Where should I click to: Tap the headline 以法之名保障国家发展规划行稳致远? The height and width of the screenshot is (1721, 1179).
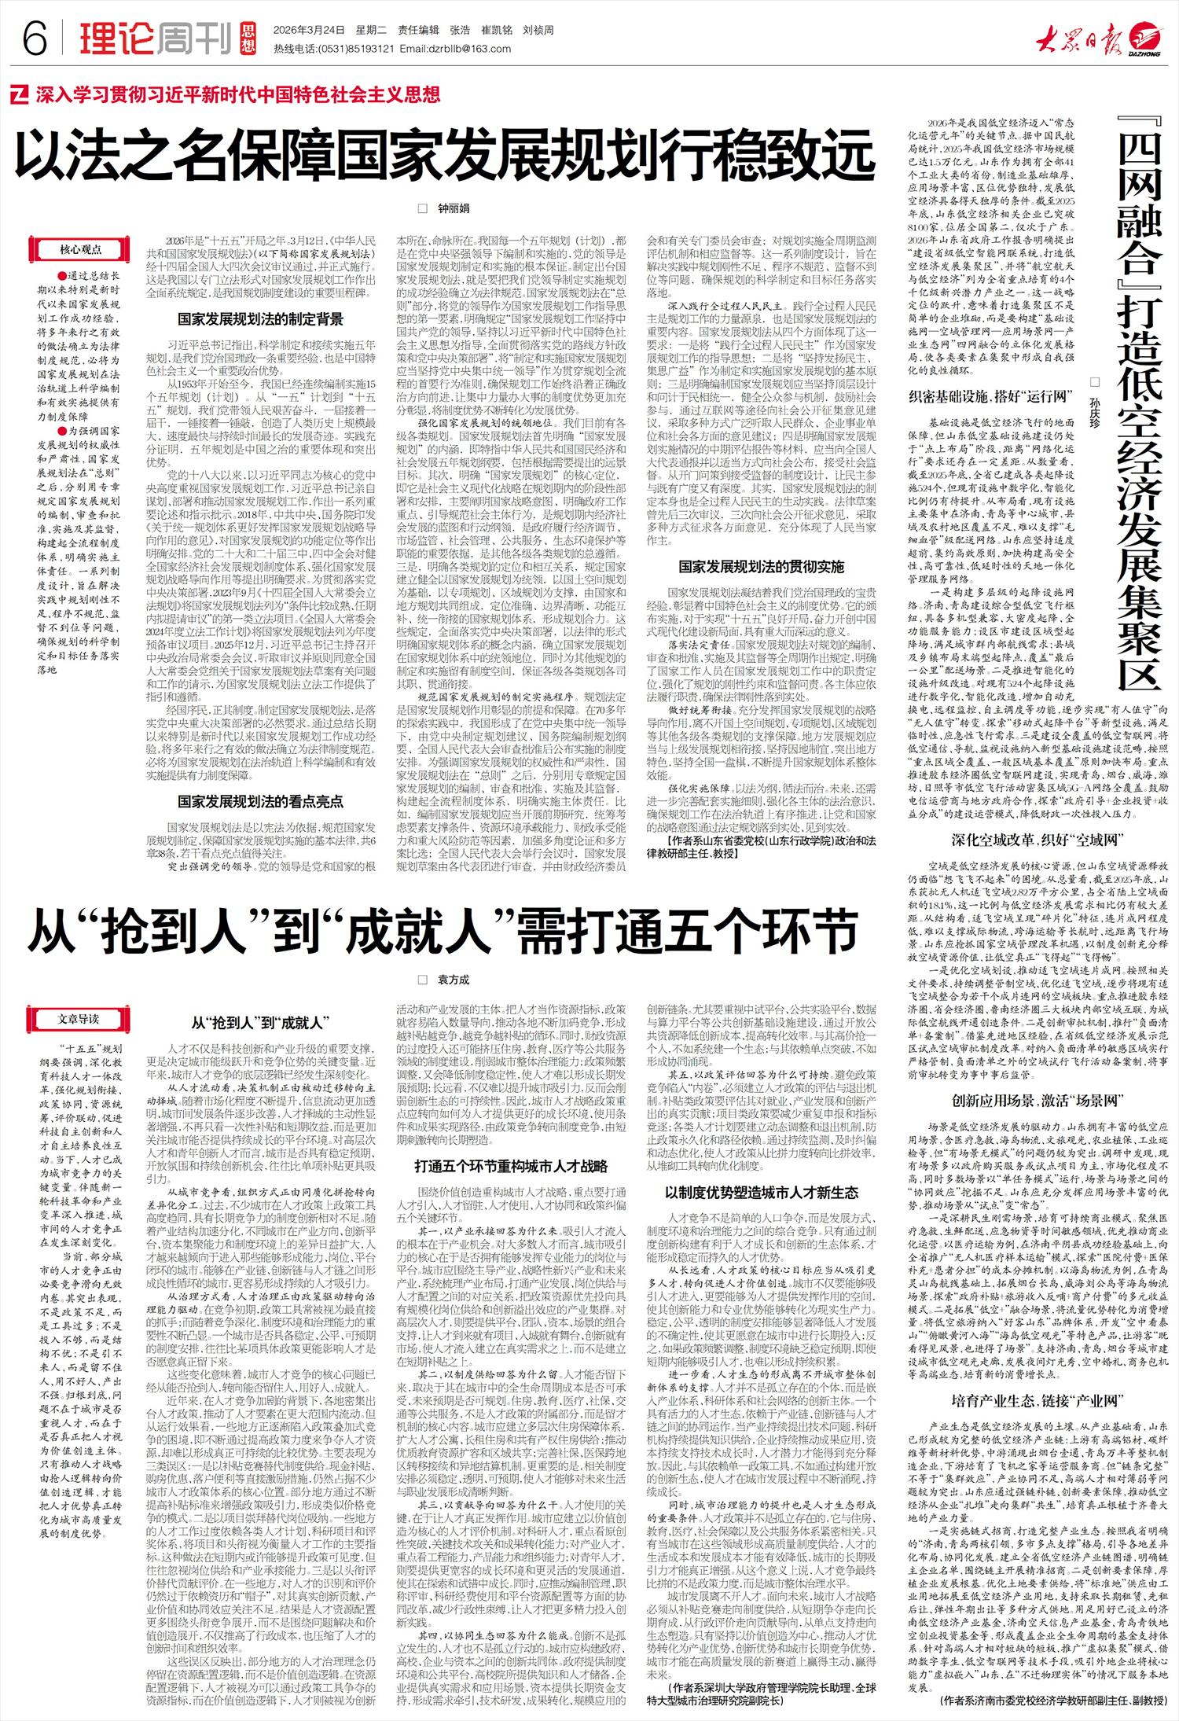pyautogui.click(x=444, y=156)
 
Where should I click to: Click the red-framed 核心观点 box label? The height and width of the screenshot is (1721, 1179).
pyautogui.click(x=81, y=249)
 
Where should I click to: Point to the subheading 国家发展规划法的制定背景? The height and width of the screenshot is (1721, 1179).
pyautogui.click(x=260, y=319)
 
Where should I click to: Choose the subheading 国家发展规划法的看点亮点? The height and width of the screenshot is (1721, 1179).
pyautogui.click(x=260, y=801)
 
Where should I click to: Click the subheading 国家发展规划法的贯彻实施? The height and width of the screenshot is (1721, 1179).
pyautogui.click(x=761, y=566)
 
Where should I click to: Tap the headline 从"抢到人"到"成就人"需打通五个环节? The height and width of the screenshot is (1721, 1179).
pyautogui.click(x=444, y=932)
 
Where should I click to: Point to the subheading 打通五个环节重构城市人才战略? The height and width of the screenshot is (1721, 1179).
pyautogui.click(x=511, y=1166)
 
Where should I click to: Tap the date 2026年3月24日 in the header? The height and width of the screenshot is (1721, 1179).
pyautogui.click(x=309, y=31)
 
